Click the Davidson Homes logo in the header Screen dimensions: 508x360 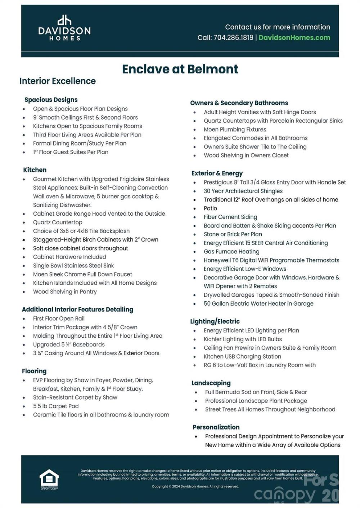pos(64,28)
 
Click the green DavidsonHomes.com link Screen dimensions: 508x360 pos(294,38)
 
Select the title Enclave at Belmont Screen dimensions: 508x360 pos(180,69)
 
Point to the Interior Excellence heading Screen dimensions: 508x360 pos(58,81)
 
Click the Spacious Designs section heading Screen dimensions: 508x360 pos(51,100)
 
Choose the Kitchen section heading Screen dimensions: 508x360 pos(35,170)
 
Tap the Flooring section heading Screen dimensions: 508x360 pos(34,371)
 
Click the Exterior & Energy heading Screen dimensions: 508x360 pos(217,173)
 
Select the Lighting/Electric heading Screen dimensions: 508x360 pos(215,322)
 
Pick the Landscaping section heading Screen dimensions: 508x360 pos(211,383)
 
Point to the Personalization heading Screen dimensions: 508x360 pos(216,427)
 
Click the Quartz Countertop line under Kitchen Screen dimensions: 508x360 pos(58,222)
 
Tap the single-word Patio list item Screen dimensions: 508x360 pos(210,208)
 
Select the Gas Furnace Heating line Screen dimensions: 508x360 pos(231,252)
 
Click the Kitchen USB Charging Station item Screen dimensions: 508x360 pos(242,356)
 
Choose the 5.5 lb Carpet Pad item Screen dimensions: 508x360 pos(56,406)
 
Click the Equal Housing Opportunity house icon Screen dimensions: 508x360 pos(49,479)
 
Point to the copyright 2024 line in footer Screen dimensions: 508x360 pos(195,486)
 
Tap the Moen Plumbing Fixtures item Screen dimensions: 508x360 pos(235,130)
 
